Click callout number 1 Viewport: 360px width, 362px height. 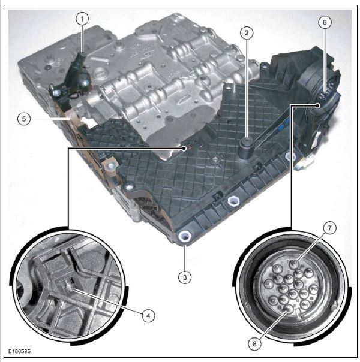coord(82,19)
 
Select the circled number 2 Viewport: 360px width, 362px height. coord(247,33)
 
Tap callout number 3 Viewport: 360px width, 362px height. coord(185,277)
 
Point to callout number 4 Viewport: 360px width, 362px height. coord(148,316)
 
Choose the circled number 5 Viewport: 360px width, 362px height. coord(24,119)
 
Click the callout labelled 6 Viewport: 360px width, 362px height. coord(325,22)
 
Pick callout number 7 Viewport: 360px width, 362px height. coord(329,228)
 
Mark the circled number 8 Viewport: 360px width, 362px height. coord(254,344)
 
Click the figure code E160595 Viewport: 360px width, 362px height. coord(20,351)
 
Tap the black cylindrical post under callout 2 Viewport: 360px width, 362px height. coord(247,148)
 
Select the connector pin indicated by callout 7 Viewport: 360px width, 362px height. coord(295,263)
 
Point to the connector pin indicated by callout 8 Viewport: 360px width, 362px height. coord(288,309)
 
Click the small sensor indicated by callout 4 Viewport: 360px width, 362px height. coord(70,286)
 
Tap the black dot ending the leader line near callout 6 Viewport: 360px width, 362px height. coord(318,105)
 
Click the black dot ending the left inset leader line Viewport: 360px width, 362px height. coord(184,149)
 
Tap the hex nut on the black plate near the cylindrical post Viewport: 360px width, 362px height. coord(215,160)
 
